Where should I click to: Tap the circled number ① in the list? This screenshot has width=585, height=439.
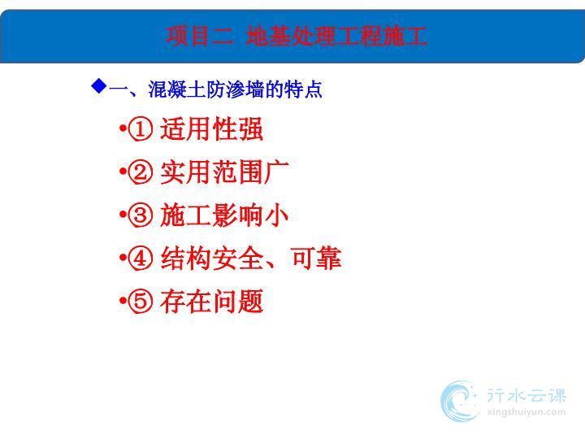click(x=141, y=128)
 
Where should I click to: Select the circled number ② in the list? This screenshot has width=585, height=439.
click(x=141, y=172)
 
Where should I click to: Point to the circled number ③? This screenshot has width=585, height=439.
click(x=141, y=215)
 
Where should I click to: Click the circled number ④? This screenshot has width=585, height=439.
click(x=141, y=259)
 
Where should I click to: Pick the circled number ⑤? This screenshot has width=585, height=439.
click(x=141, y=302)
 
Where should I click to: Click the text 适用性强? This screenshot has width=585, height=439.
click(x=212, y=128)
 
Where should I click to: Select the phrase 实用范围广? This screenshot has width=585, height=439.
click(x=224, y=172)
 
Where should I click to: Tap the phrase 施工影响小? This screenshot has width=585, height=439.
click(x=224, y=215)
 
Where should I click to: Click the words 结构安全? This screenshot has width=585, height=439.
click(x=212, y=259)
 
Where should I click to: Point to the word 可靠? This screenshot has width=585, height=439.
click(x=316, y=259)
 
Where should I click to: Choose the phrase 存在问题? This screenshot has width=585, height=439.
click(x=212, y=302)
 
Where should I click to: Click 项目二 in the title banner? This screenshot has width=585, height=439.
click(x=200, y=37)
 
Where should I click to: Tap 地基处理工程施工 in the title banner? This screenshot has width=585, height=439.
click(x=336, y=37)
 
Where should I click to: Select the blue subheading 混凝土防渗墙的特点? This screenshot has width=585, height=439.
click(x=235, y=89)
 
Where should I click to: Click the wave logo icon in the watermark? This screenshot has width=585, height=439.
click(x=460, y=402)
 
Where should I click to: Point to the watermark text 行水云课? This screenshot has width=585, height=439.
click(x=526, y=395)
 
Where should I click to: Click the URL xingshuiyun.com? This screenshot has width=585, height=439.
click(x=526, y=412)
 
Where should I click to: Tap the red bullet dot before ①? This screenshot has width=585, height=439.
click(x=123, y=128)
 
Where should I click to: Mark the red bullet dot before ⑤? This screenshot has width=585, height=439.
click(x=123, y=301)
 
